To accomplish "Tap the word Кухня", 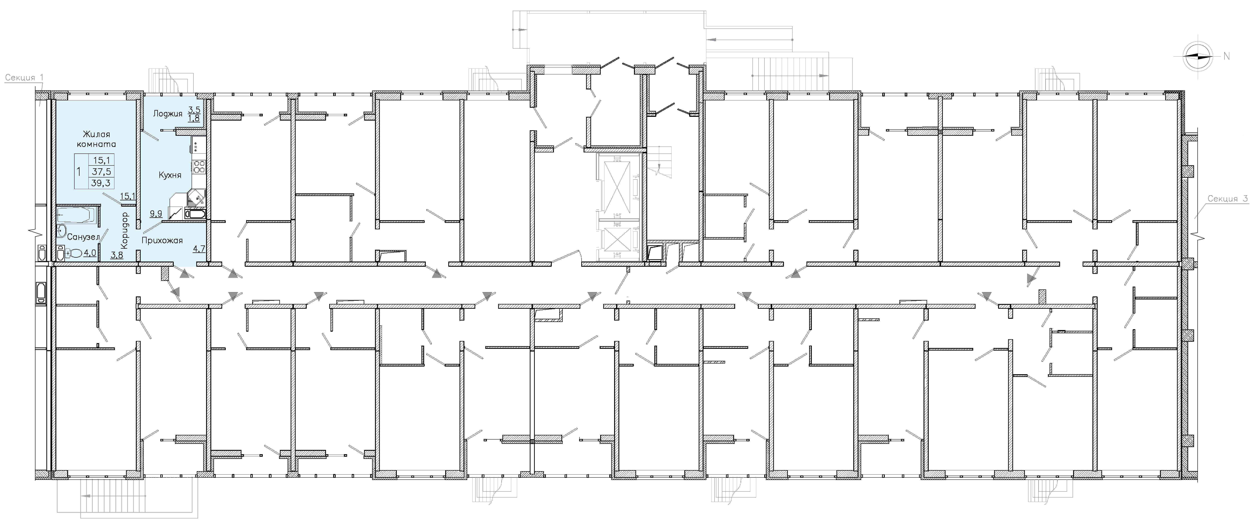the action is tap(170, 175).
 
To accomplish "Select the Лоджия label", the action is tap(167, 113).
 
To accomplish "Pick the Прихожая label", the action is tap(162, 240).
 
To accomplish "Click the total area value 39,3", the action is tap(101, 183).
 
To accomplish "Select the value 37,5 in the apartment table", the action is tap(101, 171).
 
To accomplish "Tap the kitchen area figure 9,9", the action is tap(156, 213).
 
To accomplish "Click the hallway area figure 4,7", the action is tap(199, 248).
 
